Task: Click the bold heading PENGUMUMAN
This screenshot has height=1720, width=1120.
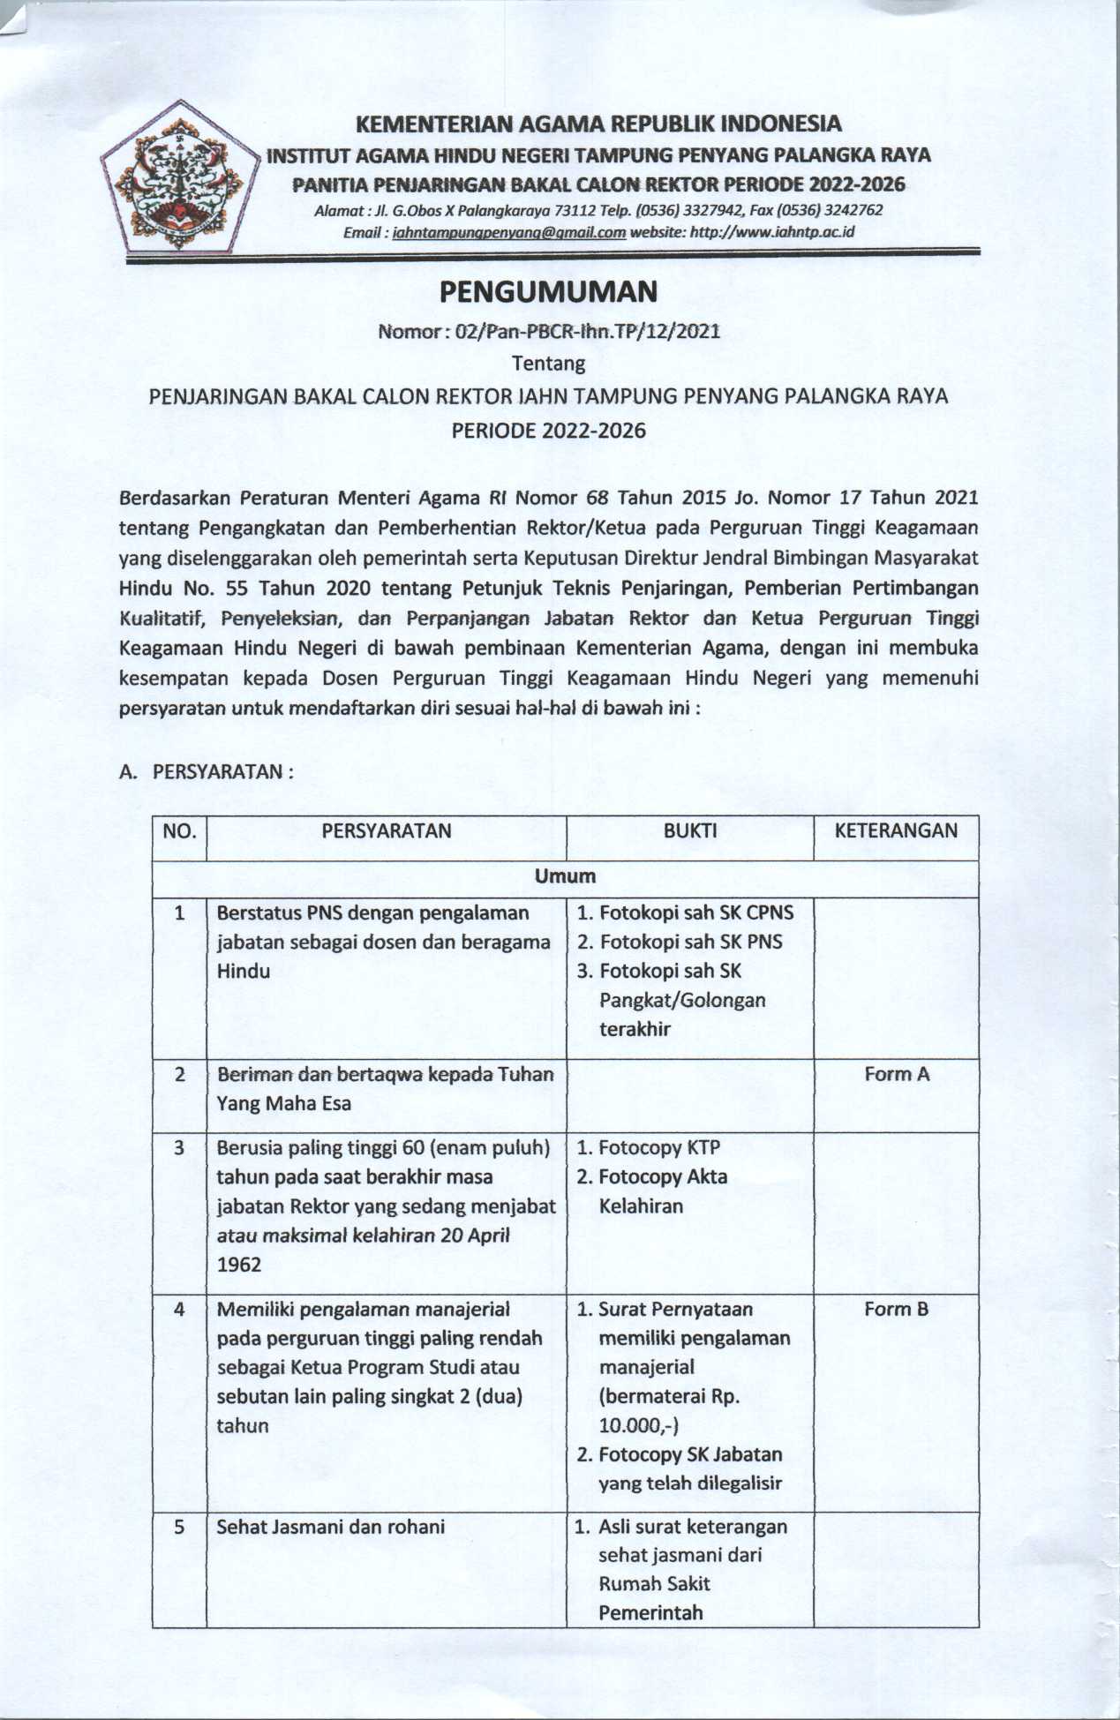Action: tap(548, 291)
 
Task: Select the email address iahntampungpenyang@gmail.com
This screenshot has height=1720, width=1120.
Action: tap(508, 233)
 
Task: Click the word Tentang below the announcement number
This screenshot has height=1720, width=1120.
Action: tap(548, 364)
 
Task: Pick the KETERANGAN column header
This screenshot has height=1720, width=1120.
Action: tap(895, 830)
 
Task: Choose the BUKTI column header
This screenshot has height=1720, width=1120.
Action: tap(689, 830)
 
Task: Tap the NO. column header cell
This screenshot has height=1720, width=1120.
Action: tap(179, 830)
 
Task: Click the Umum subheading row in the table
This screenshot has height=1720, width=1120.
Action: tap(565, 876)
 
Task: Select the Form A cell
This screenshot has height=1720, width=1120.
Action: tap(896, 1074)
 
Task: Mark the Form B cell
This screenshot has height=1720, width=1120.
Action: tap(896, 1309)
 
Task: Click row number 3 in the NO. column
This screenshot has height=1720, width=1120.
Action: tap(179, 1148)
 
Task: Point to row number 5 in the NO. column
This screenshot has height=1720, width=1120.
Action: tap(179, 1527)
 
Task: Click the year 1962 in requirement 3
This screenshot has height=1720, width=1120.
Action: tap(239, 1265)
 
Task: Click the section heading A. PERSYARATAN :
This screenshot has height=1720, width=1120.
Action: tap(206, 771)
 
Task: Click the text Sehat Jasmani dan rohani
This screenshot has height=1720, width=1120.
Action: tap(330, 1527)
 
